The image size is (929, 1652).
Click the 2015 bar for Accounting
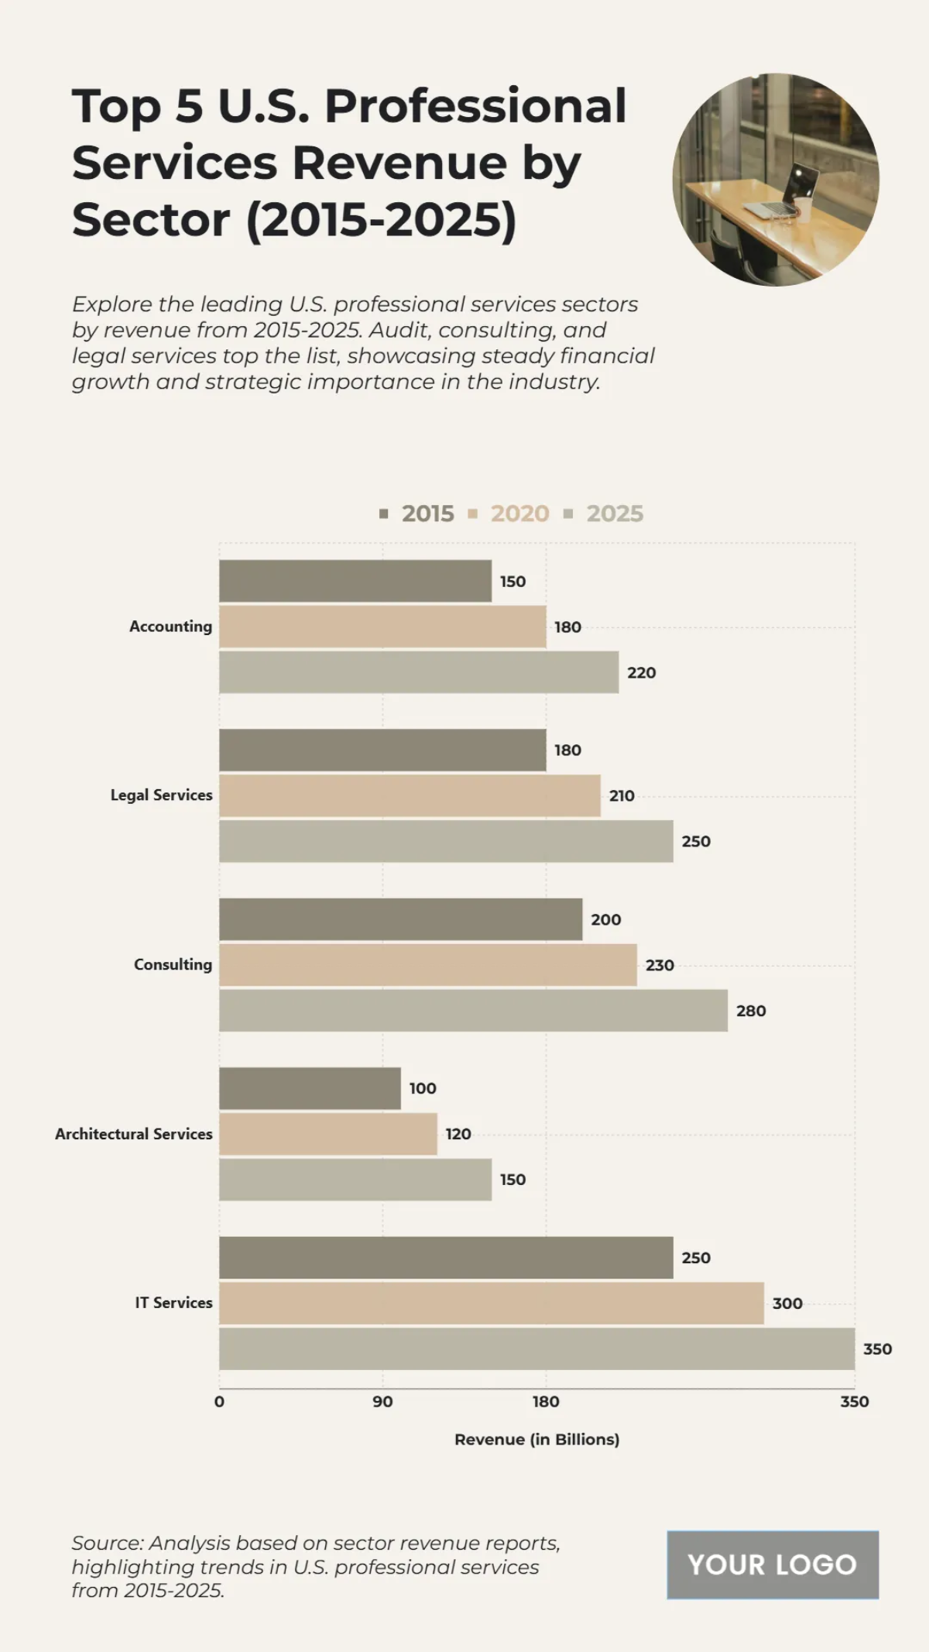tap(355, 581)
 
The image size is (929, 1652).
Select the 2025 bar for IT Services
tap(536, 1348)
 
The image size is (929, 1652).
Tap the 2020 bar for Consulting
tap(427, 964)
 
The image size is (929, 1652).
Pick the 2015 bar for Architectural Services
tap(310, 1088)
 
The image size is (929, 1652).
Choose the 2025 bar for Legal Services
tap(446, 841)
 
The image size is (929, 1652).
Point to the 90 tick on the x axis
tap(382, 1401)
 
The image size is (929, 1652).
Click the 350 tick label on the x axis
tap(854, 1401)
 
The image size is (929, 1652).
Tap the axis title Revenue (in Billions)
tap(536, 1439)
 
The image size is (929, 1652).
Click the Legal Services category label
tap(161, 795)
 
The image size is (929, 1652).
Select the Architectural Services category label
tap(133, 1134)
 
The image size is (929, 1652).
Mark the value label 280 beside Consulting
tap(750, 1011)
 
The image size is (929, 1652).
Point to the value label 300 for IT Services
tap(787, 1303)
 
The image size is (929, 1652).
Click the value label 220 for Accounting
tap(641, 673)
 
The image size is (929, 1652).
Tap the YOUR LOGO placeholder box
tap(772, 1564)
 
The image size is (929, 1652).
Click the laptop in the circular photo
tap(790, 194)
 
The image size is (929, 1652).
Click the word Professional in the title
tap(475, 106)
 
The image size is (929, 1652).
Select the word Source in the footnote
tap(107, 1543)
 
